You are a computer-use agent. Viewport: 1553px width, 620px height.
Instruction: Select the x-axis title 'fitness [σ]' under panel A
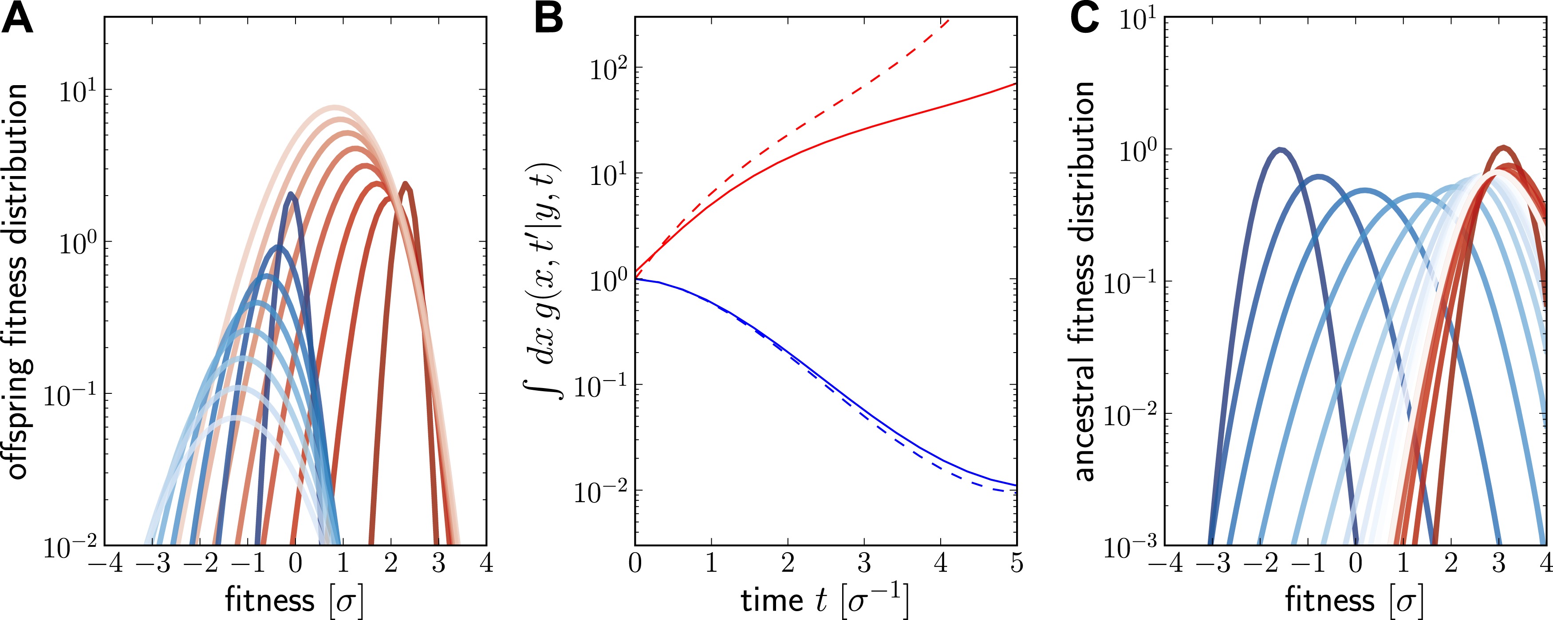click(294, 600)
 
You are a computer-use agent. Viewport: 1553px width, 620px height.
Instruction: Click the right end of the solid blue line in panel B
click(1016, 485)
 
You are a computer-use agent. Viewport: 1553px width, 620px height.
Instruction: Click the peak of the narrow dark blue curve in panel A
click(292, 194)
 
